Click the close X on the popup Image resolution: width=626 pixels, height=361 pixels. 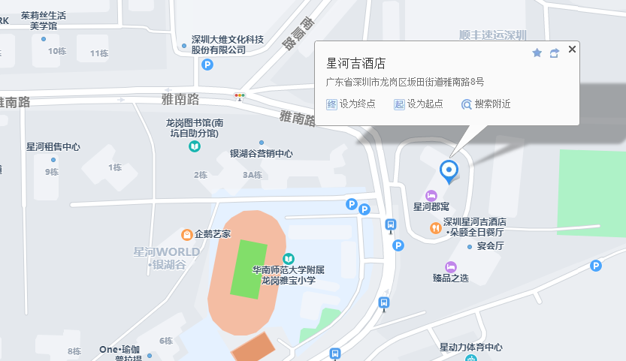coord(573,50)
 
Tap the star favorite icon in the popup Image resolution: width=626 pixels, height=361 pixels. coord(537,53)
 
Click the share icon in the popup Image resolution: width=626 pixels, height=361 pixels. coord(555,53)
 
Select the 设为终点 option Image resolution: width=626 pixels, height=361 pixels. coord(351,104)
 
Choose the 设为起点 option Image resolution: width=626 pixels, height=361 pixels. coord(419,104)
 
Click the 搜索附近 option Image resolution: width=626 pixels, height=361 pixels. coord(486,104)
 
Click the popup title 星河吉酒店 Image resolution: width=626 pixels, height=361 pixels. coord(355,63)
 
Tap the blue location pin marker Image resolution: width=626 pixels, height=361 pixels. coord(449,171)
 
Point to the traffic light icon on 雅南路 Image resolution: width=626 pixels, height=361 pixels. coord(240,96)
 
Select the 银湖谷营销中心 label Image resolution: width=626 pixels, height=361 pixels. coord(262,154)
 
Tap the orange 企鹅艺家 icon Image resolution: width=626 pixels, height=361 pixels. coord(187,234)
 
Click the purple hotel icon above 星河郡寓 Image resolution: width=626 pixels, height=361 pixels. coord(431,196)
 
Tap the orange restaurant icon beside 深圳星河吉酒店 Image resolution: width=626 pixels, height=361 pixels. coord(435,227)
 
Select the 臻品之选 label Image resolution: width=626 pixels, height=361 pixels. coord(451,278)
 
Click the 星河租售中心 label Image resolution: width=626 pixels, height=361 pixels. coord(53,147)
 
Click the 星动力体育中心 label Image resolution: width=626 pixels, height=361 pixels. coord(471,347)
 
